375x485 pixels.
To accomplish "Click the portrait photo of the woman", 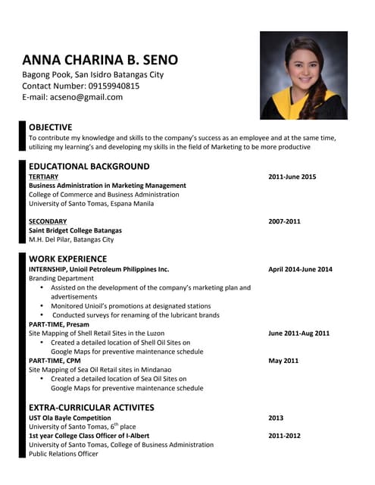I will click(303, 75).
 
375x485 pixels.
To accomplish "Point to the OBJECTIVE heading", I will click(51, 127).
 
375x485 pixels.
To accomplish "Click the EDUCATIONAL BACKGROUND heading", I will click(89, 166).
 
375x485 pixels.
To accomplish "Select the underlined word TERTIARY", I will click(43, 177).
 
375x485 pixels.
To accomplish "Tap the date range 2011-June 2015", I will click(292, 177).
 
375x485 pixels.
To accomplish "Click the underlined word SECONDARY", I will click(48, 221).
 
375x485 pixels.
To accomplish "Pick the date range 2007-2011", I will click(285, 221).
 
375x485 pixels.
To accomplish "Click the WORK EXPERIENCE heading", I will click(68, 258).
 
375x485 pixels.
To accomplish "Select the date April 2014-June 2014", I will click(300, 269).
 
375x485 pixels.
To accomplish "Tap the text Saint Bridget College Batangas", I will click(75, 230).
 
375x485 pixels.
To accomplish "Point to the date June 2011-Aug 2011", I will click(298, 333).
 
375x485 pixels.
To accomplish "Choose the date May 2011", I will click(283, 361).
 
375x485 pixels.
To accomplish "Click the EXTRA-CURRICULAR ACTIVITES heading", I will click(92, 407).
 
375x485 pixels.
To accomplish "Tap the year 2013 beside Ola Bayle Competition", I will click(277, 418).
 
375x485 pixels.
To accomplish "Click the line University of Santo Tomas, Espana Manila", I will click(91, 204).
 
